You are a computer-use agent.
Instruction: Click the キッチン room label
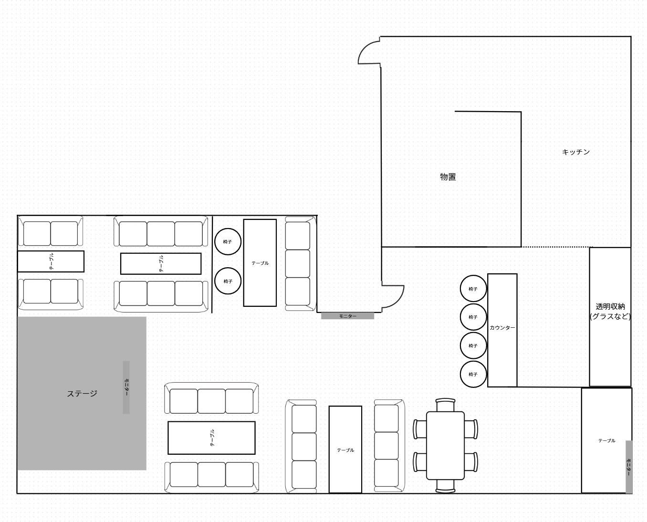tap(575, 152)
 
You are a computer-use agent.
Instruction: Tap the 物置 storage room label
tap(448, 177)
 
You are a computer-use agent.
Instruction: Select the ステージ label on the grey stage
tap(82, 394)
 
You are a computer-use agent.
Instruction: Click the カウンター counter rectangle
tap(502, 330)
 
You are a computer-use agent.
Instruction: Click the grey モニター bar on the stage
tap(126, 387)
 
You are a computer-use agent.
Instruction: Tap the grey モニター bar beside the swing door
tap(347, 316)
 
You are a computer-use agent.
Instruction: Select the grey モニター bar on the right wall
tap(629, 467)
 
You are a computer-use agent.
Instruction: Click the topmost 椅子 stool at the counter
tap(473, 289)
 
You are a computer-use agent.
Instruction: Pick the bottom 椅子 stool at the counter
tap(473, 375)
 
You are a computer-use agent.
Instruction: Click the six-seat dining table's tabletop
tap(445, 445)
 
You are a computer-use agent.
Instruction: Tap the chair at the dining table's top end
tap(445, 405)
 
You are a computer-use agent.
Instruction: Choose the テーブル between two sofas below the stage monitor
tap(211, 438)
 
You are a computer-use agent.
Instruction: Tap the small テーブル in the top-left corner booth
tap(51, 261)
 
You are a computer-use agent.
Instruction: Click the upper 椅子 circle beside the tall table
tap(228, 242)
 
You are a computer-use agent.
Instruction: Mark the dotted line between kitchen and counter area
tap(556, 247)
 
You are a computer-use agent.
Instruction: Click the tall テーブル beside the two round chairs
tap(260, 263)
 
